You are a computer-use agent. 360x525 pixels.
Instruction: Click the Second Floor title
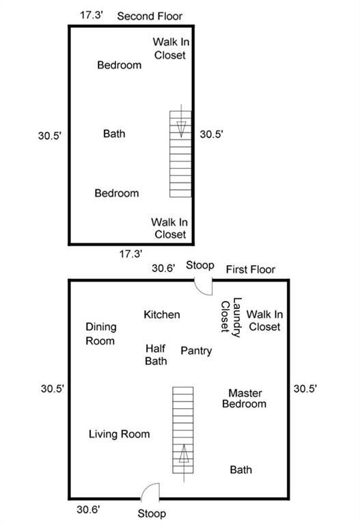pos(150,16)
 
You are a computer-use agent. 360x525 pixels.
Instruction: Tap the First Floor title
pos(251,269)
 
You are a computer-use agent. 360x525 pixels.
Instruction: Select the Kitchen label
pos(162,314)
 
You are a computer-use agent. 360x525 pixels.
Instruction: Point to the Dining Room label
pos(101,334)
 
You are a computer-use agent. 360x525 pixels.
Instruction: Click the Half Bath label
pos(156,355)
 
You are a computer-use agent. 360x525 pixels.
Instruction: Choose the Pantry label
pos(196,351)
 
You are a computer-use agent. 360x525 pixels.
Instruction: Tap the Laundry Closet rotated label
pos(231,317)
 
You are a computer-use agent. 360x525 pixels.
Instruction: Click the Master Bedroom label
pos(245,399)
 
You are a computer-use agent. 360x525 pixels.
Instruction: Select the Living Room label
pos(119,434)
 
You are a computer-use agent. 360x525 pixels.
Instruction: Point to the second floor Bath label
pos(115,133)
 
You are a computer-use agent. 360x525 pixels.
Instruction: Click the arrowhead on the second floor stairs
pos(181,129)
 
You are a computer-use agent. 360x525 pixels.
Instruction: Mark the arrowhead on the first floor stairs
pos(184,453)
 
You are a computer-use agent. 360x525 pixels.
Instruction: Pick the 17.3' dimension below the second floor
pos(131,254)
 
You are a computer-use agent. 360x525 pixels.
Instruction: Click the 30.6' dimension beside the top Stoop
pos(163,268)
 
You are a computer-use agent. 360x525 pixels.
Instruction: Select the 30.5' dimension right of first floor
pos(305,388)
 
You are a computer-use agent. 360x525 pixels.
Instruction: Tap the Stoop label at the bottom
pos(152,513)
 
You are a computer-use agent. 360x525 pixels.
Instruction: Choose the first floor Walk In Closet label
pos(264,321)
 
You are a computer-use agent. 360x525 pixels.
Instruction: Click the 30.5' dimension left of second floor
pos(50,135)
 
